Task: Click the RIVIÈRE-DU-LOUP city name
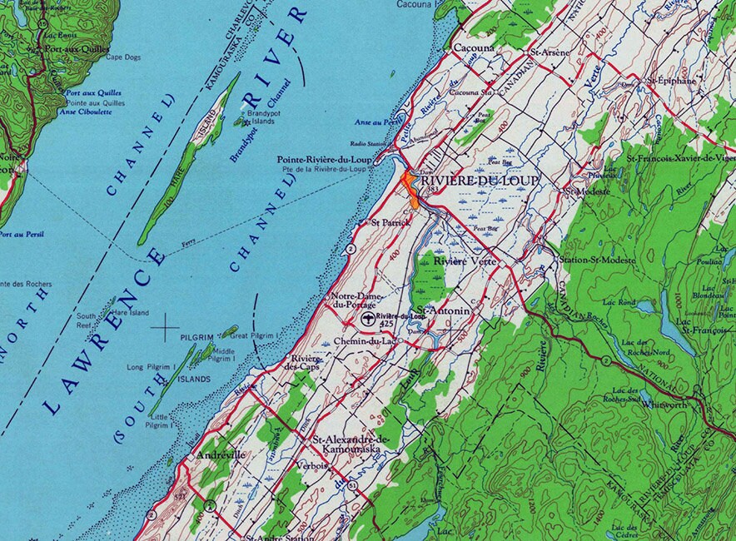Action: (x=480, y=181)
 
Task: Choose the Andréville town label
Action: (x=222, y=456)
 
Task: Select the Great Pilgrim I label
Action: (x=253, y=335)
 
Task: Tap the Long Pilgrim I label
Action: (x=151, y=367)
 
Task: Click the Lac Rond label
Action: (x=627, y=302)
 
